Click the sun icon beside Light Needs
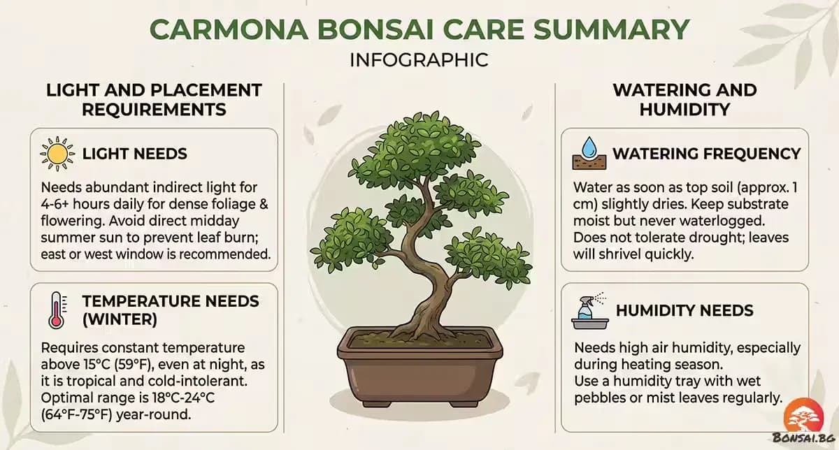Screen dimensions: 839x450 (57, 154)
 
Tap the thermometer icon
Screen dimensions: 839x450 (57, 310)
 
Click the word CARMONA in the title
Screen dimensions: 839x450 (229, 29)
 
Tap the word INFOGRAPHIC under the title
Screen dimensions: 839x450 (419, 60)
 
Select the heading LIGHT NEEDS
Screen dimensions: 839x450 (135, 154)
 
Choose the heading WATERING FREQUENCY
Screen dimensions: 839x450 (707, 154)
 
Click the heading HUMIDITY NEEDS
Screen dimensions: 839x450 (684, 310)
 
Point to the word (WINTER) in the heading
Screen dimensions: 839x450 (120, 320)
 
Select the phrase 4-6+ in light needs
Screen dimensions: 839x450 (55, 205)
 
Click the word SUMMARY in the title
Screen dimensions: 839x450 (611, 29)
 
